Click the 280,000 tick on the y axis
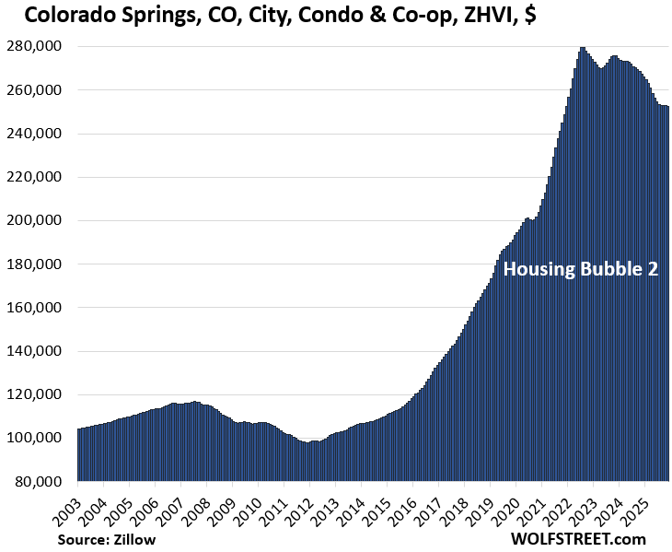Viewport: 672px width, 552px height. coord(36,47)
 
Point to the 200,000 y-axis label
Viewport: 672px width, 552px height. coord(36,221)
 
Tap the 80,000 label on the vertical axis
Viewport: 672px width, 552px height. coord(40,482)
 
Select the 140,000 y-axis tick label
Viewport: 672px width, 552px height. coord(36,351)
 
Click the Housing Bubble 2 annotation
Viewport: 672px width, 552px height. coord(580,270)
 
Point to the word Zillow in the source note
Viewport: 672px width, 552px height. coord(135,539)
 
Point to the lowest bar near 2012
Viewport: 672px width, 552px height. coord(307,462)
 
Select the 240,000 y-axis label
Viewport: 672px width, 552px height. coord(36,135)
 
